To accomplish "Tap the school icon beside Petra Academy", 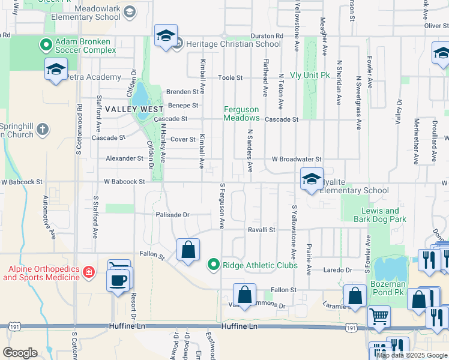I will [x=56, y=70].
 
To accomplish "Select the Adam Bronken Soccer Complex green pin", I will [x=46, y=44].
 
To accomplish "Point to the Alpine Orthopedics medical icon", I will [x=89, y=272].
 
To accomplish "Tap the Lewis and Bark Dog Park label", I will [x=380, y=215].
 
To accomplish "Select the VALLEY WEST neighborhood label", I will [x=134, y=110].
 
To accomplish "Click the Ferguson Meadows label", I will [x=241, y=113].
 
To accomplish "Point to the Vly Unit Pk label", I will [x=310, y=75].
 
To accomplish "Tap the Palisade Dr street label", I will [x=172, y=214].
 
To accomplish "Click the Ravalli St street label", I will [x=262, y=229].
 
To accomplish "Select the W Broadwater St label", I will [x=297, y=159].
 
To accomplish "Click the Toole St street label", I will [x=230, y=78].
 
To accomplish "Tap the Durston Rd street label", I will [x=266, y=36].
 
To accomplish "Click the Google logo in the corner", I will [x=20, y=352].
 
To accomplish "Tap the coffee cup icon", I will [x=119, y=280].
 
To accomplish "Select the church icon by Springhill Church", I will [x=42, y=129].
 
